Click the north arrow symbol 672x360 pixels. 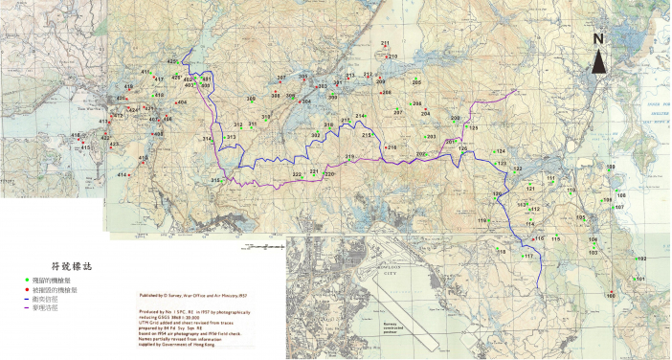[597, 62]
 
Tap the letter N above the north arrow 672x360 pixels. [597, 39]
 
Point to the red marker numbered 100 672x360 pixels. [610, 291]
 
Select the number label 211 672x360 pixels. [385, 44]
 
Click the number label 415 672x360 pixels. [85, 147]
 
